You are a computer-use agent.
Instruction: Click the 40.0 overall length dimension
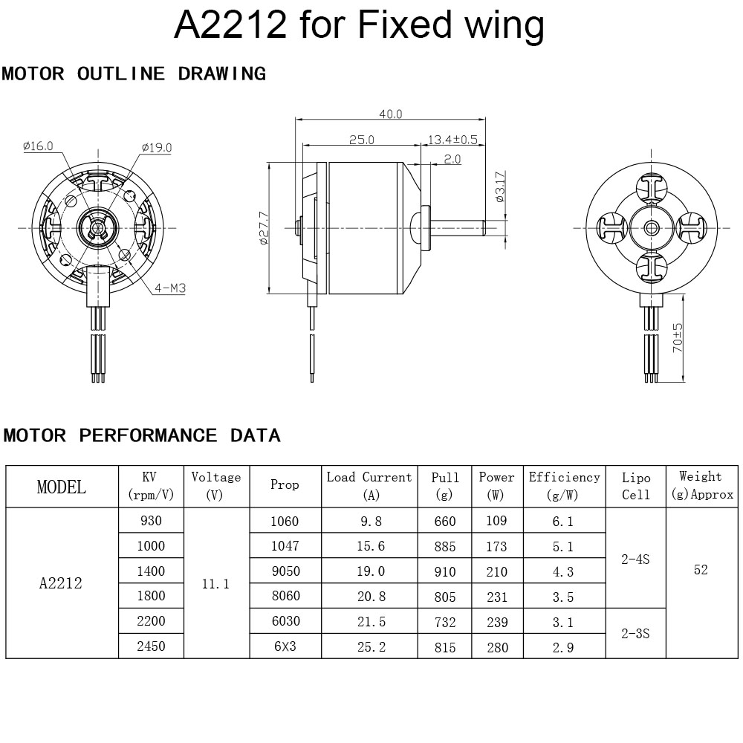pos(391,114)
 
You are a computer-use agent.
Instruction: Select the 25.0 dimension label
pos(362,140)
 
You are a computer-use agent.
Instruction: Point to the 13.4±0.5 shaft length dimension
pos(452,140)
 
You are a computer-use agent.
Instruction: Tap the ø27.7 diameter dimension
pos(264,228)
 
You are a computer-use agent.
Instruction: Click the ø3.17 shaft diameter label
pos(500,186)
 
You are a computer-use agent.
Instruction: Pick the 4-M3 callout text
pos(169,288)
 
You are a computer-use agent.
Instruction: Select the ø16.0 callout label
pos(39,146)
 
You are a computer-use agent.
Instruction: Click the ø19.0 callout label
pos(157,147)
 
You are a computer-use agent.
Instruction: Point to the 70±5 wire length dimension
pos(678,338)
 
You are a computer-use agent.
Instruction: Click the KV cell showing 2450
pos(151,646)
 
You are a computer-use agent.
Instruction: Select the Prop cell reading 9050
pos(286,571)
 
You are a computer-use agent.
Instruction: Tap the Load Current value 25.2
pos(371,647)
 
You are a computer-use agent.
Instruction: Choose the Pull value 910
pos(445,571)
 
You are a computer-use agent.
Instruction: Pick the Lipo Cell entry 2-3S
pos(635,634)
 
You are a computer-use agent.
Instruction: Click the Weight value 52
pos(701,569)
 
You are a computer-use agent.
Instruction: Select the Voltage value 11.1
pos(215,584)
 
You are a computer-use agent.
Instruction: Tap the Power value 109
pos(496,521)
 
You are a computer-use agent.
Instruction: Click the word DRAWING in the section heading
pos(222,74)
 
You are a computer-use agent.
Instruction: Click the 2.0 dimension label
pos(452,159)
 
